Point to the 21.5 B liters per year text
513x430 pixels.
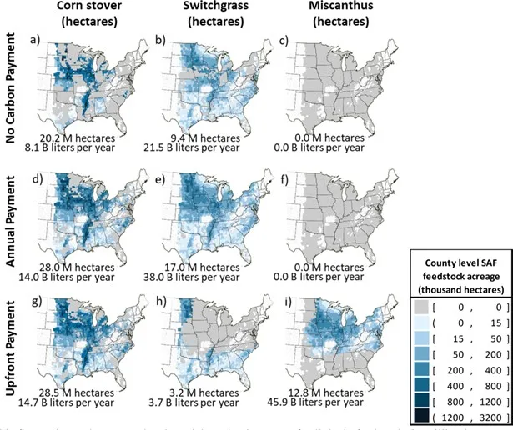click(207, 147)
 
